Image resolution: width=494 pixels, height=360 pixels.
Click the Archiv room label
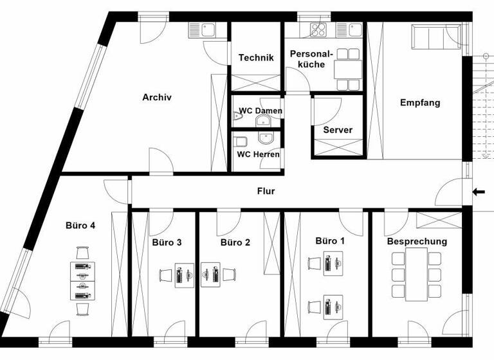point(157,98)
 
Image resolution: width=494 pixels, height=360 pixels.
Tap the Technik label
point(256,58)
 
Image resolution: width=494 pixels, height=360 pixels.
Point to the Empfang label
point(420,102)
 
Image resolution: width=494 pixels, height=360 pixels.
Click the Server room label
point(338,130)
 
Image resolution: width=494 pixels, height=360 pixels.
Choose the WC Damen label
point(261,111)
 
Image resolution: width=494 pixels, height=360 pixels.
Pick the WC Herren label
point(258,154)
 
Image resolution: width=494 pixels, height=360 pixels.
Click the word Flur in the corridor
point(267,191)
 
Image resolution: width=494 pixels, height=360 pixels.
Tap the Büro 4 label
point(80,226)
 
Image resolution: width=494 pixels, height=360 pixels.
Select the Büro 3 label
point(167,242)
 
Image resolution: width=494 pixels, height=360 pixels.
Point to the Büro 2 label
point(235,242)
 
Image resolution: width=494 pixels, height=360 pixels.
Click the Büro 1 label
point(330,240)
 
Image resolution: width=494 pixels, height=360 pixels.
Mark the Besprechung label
point(417,242)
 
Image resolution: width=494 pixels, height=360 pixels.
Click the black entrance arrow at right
point(478,191)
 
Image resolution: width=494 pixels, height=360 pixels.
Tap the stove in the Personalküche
point(318,29)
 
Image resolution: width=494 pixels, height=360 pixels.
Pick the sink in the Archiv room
point(203,30)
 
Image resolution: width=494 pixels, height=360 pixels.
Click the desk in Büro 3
point(184,274)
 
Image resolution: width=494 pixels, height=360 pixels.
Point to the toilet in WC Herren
point(241,141)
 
